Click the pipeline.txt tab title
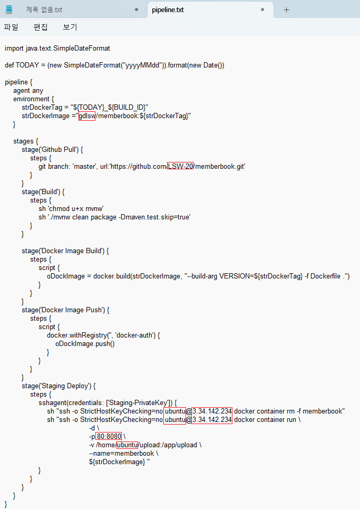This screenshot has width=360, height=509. (168, 9)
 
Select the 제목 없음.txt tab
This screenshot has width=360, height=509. (44, 9)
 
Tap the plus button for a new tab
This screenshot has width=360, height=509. (286, 9)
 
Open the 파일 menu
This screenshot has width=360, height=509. (11, 27)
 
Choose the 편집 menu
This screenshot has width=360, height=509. (41, 27)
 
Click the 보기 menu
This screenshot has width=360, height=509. (70, 27)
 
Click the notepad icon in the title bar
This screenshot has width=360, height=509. (9, 9)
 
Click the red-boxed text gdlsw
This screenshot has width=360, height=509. (86, 116)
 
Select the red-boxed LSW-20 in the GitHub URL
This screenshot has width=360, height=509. (180, 167)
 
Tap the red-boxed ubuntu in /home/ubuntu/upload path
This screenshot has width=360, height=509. (127, 445)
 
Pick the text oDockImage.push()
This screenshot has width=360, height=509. (85, 344)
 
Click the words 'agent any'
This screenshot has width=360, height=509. (28, 91)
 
